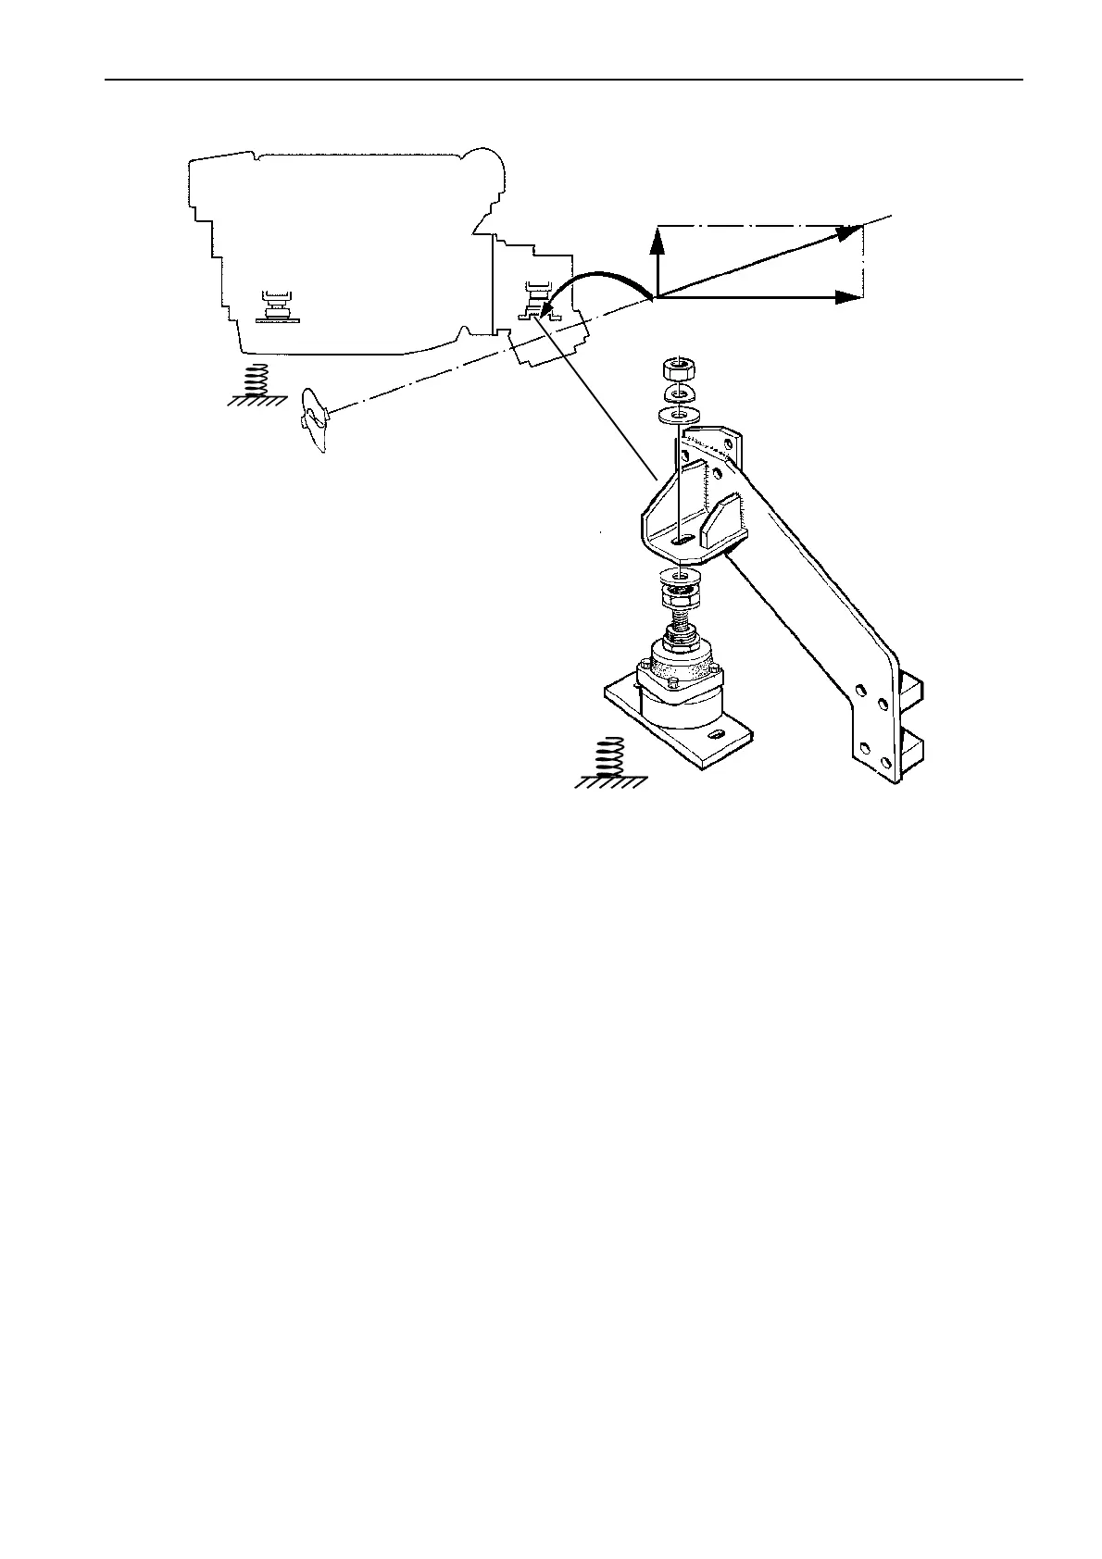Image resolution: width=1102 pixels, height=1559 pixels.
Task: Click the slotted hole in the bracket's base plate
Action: (x=684, y=539)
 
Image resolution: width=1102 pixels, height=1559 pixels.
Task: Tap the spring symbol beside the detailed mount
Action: (x=608, y=761)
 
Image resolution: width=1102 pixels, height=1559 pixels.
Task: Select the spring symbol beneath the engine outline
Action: (x=260, y=380)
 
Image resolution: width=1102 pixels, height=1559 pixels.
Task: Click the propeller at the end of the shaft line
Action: (x=314, y=420)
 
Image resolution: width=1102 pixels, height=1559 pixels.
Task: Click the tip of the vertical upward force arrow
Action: (x=657, y=234)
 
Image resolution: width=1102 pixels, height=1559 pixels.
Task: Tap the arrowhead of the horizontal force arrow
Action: (x=848, y=297)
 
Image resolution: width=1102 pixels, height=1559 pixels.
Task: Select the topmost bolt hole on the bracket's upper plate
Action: (x=729, y=443)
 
